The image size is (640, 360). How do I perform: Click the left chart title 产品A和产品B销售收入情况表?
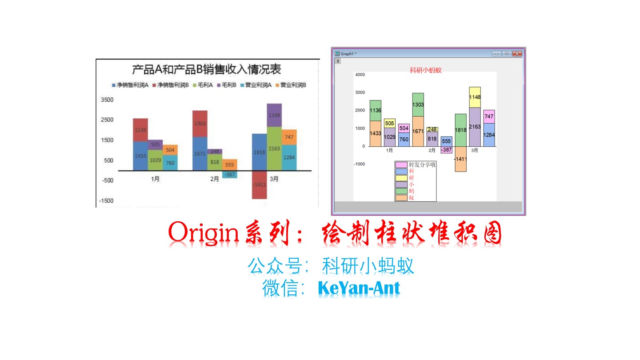point(207,70)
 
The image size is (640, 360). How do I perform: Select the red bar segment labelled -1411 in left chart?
point(259,184)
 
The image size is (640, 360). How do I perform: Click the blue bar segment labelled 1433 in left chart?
point(140,156)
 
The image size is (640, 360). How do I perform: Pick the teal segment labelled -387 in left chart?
point(229,174)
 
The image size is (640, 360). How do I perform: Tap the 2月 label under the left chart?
point(215,179)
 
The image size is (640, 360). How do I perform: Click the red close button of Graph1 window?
point(517,54)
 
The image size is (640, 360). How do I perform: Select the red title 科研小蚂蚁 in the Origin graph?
point(425,70)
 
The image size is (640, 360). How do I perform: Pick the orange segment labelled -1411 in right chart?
point(460,159)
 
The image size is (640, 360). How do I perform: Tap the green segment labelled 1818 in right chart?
point(460,130)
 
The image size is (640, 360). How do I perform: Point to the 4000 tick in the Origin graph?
point(360,75)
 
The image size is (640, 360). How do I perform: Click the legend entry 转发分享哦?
point(422,165)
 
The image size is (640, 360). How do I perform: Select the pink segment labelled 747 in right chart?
point(489,116)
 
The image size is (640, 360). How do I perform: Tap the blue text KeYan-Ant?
point(359,288)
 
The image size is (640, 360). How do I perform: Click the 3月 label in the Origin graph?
point(475,151)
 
